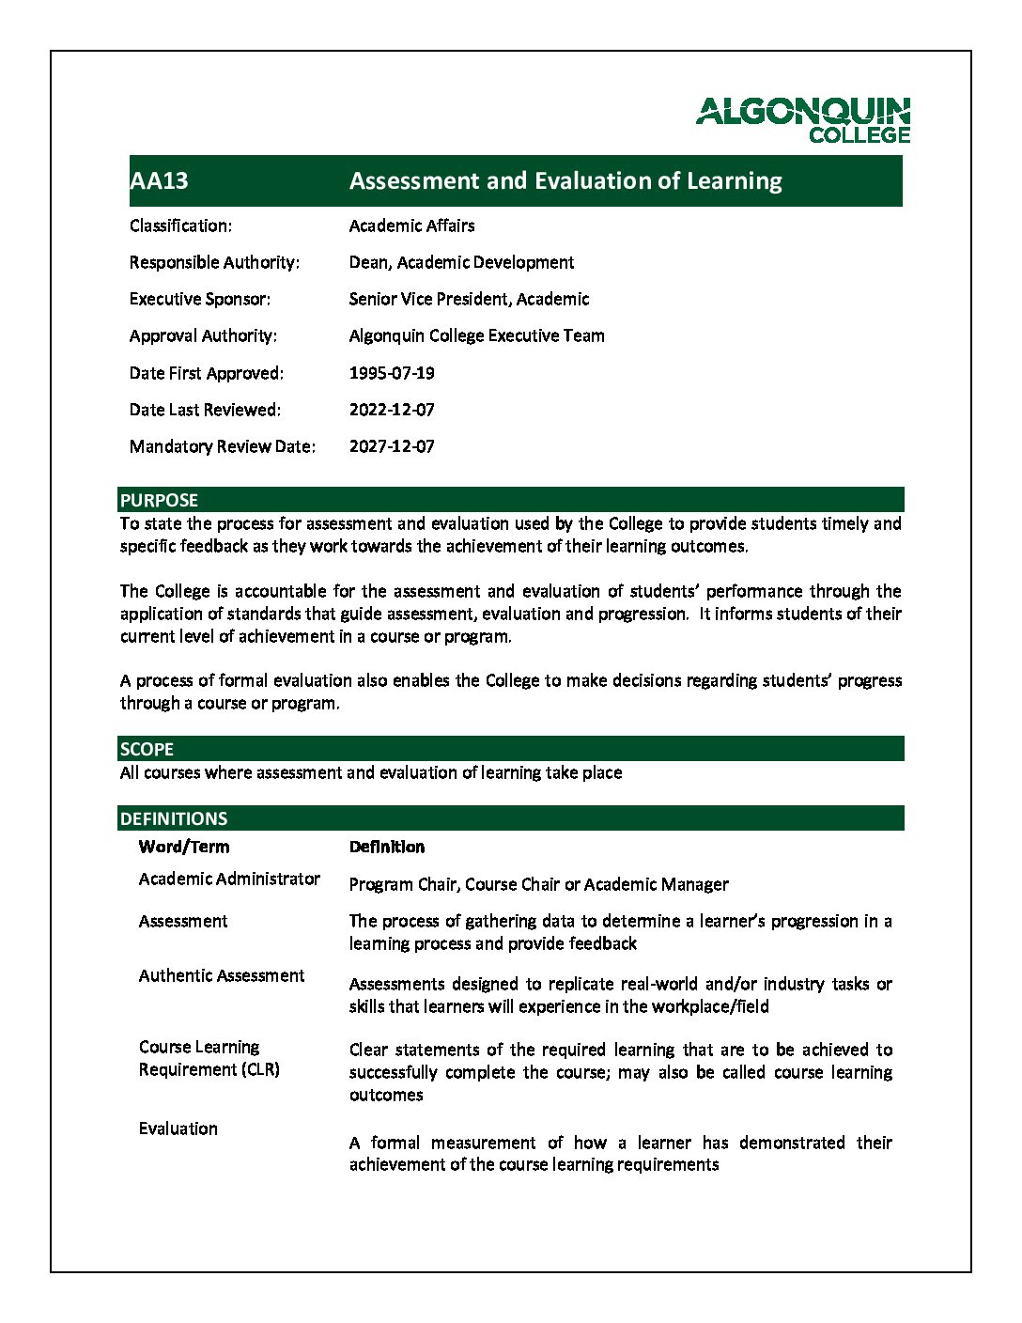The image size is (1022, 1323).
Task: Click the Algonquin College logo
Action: point(803,119)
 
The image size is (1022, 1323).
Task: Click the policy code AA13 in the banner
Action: point(159,180)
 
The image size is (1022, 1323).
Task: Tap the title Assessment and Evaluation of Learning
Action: point(565,180)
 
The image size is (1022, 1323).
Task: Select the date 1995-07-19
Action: point(392,373)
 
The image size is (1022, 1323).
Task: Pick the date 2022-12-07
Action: point(392,410)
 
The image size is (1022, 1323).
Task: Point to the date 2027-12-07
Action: point(392,446)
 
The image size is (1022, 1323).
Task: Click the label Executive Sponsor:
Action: point(199,299)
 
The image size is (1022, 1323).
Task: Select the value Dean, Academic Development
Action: point(461,262)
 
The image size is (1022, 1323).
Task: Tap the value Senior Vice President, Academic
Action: point(469,299)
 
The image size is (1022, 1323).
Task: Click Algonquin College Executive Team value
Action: point(476,335)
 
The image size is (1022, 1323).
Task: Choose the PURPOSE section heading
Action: point(159,500)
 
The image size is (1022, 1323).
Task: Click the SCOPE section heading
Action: point(147,749)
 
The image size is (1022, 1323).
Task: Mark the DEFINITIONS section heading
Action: point(174,818)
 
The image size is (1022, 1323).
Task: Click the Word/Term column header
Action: point(183,847)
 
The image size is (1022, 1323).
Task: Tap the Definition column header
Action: point(386,847)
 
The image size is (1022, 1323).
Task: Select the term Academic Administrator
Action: point(229,879)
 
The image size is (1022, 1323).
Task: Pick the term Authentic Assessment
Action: point(221,975)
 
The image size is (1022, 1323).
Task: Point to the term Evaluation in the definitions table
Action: point(178,1128)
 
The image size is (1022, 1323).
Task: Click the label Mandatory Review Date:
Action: point(222,446)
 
